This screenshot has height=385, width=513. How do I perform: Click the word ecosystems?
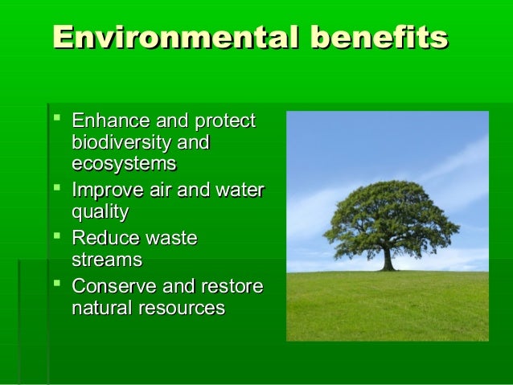click(124, 164)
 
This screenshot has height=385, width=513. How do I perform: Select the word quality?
click(100, 213)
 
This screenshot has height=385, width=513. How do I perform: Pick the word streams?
click(107, 260)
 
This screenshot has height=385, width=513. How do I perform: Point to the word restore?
click(234, 287)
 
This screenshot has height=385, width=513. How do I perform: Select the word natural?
click(100, 308)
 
